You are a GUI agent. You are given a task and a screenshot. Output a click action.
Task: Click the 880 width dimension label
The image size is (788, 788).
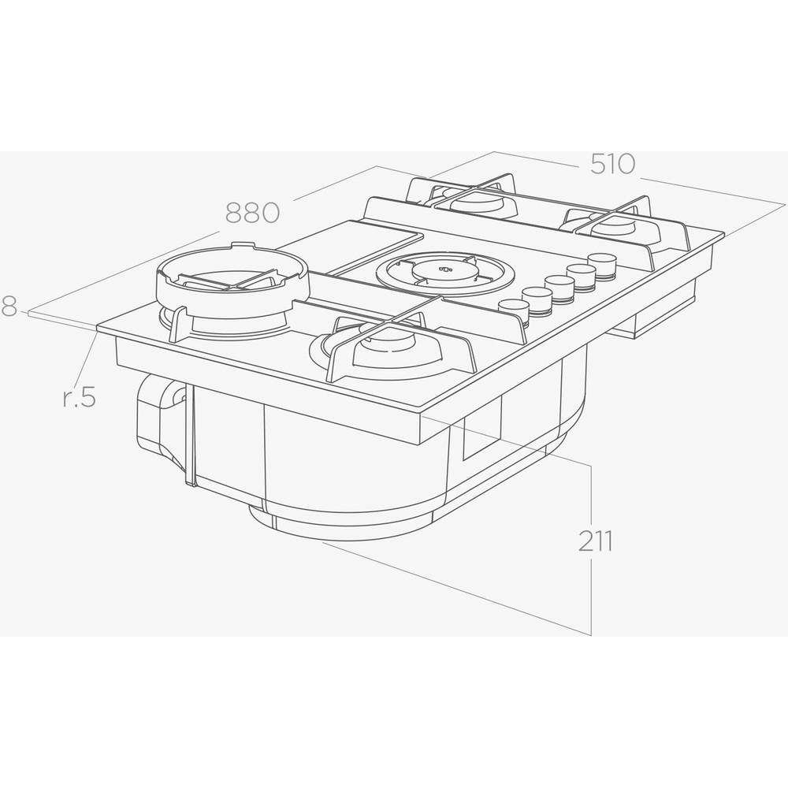252,213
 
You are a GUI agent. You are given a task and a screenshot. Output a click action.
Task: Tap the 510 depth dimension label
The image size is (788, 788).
612,164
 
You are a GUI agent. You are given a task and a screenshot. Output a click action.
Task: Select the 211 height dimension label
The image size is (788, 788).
595,541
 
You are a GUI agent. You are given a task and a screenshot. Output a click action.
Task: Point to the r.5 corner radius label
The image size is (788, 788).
79,396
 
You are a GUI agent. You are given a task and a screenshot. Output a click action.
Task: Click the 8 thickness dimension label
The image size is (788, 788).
9,306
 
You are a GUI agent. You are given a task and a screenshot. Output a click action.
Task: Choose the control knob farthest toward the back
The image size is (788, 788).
602,265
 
